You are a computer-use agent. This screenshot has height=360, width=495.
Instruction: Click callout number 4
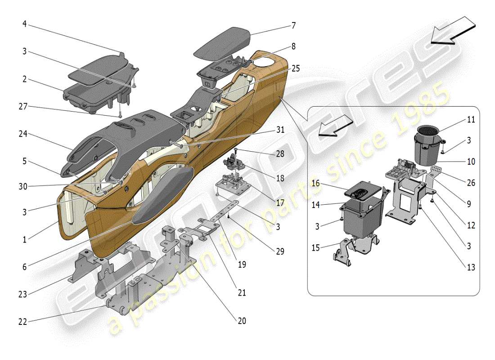24,23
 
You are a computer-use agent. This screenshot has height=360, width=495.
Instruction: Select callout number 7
293,26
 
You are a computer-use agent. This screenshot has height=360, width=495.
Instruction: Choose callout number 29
280,252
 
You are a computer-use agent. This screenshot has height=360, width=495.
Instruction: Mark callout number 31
280,130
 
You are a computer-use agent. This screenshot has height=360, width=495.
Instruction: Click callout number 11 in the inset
471,120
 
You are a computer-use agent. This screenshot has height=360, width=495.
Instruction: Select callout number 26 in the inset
471,183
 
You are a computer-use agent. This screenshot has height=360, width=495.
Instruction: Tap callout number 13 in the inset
471,267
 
